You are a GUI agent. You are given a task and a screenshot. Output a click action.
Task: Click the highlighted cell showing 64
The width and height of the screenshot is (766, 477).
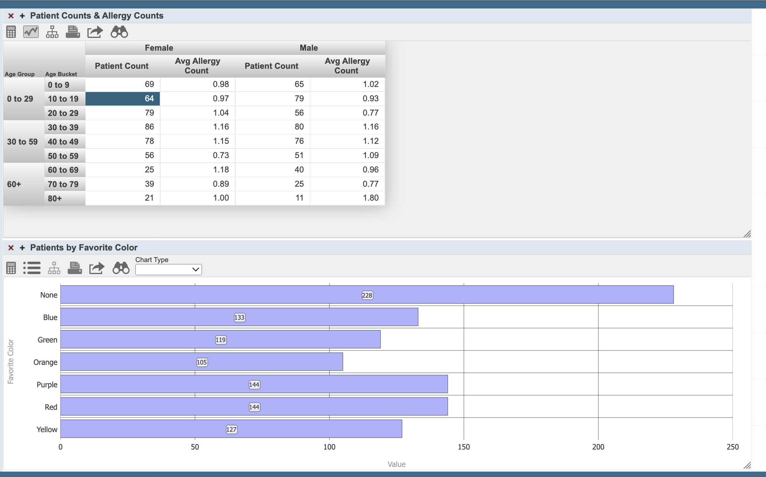point(123,99)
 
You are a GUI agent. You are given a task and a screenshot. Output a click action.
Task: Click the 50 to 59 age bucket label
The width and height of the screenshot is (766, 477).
point(63,156)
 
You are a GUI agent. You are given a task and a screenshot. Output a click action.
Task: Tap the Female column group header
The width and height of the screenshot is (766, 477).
point(159,48)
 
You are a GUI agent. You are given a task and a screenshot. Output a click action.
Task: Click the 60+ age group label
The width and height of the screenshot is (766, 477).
point(14,184)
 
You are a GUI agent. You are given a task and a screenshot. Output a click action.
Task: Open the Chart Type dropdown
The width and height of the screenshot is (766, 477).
point(168,269)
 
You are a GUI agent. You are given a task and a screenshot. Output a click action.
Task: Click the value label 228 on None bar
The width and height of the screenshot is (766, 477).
point(367,295)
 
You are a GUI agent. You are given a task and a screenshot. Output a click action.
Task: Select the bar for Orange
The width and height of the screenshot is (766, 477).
point(201,362)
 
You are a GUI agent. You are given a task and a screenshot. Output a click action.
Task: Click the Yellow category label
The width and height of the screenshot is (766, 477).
point(47,429)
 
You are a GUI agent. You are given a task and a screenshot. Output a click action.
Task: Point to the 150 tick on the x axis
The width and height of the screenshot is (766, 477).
point(463,447)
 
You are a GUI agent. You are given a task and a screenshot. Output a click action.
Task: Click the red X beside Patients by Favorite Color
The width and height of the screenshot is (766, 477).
point(11,248)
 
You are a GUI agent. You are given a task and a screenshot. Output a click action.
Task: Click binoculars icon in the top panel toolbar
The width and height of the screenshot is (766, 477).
point(119,32)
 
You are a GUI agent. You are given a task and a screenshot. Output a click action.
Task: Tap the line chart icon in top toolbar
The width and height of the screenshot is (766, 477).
point(31,32)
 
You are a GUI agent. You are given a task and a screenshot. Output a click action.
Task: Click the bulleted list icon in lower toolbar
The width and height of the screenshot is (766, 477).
point(32,268)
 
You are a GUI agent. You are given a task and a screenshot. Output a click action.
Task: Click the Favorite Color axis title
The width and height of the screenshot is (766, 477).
point(11,361)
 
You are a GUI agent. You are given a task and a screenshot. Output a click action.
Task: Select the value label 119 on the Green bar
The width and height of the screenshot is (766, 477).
point(221,340)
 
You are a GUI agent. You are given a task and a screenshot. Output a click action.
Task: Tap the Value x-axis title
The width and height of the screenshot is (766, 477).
point(396,464)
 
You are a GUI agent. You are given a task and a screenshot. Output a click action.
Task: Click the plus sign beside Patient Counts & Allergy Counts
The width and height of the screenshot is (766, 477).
point(22,16)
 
